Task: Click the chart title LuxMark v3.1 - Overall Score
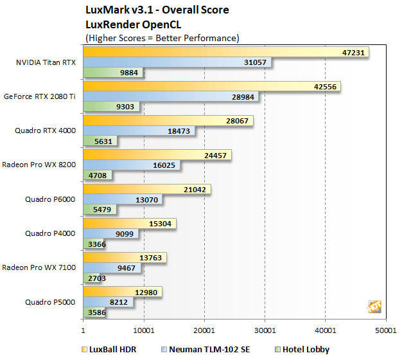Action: coord(157,10)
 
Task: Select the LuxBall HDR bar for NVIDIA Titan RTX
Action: coord(225,52)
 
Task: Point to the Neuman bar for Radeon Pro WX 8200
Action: coord(132,165)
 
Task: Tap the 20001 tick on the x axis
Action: coord(204,330)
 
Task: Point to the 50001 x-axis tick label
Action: coord(385,330)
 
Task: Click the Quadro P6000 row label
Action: coord(50,199)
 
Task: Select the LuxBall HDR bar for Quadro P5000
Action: coord(122,292)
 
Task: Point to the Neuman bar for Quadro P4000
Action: coord(110,234)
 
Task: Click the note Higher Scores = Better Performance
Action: coord(162,38)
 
